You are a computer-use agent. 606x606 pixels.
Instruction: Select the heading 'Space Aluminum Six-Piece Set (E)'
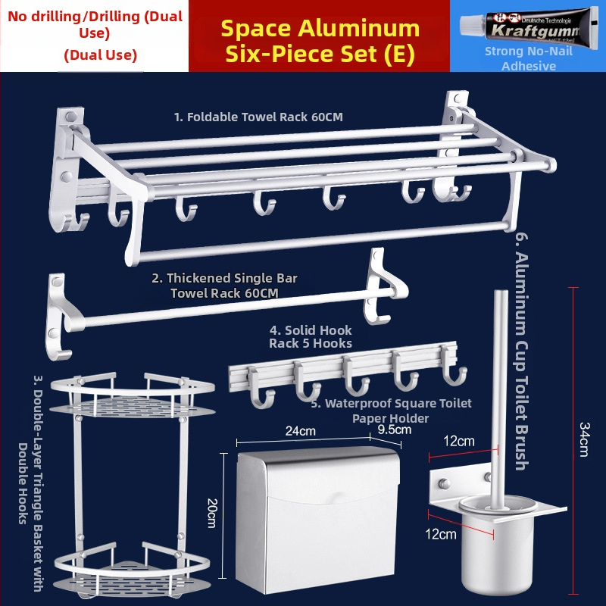[x=320, y=41]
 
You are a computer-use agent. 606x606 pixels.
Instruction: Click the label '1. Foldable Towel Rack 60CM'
[x=258, y=117]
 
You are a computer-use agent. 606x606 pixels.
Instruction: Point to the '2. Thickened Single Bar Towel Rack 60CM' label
[x=224, y=286]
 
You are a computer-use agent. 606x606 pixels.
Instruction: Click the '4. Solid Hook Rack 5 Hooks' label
[x=311, y=336]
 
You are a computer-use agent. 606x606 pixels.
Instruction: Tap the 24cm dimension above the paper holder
[x=300, y=431]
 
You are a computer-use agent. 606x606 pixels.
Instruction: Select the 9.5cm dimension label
[x=394, y=430]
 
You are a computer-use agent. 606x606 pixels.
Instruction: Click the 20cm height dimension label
[x=212, y=513]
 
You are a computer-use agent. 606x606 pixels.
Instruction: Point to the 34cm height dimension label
[x=584, y=439]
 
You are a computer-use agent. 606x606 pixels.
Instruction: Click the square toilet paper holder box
[x=317, y=520]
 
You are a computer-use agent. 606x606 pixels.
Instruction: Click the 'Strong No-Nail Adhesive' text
[x=528, y=58]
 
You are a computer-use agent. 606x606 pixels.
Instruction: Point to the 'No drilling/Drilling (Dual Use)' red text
[x=95, y=24]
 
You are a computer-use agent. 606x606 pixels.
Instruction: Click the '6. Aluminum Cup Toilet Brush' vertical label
[x=522, y=351]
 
